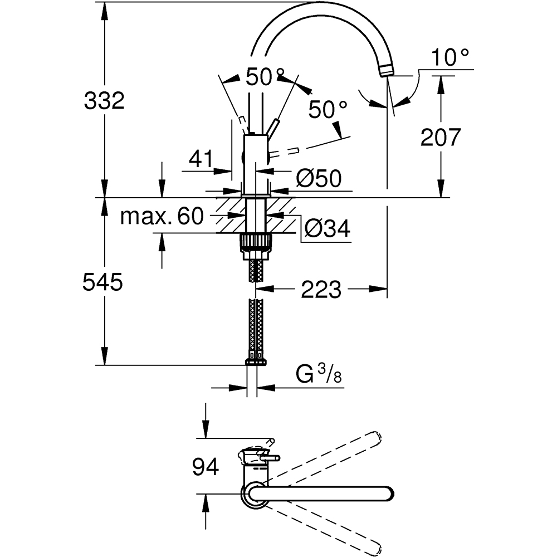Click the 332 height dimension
click(x=104, y=101)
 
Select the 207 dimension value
click(x=441, y=136)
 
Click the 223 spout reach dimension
click(x=320, y=289)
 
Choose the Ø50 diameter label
click(x=319, y=178)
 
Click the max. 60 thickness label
click(x=162, y=216)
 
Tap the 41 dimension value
click(x=201, y=160)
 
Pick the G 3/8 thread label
click(x=319, y=375)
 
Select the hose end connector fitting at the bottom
click(x=256, y=362)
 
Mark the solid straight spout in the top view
click(x=323, y=493)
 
